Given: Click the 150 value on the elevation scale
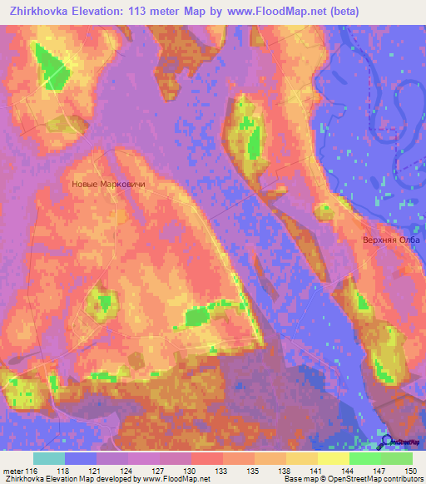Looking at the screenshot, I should click(x=412, y=470).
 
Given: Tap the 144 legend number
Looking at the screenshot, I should click(x=348, y=470).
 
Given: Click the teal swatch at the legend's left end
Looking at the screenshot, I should click(x=49, y=458).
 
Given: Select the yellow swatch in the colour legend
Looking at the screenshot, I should click(x=334, y=458).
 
